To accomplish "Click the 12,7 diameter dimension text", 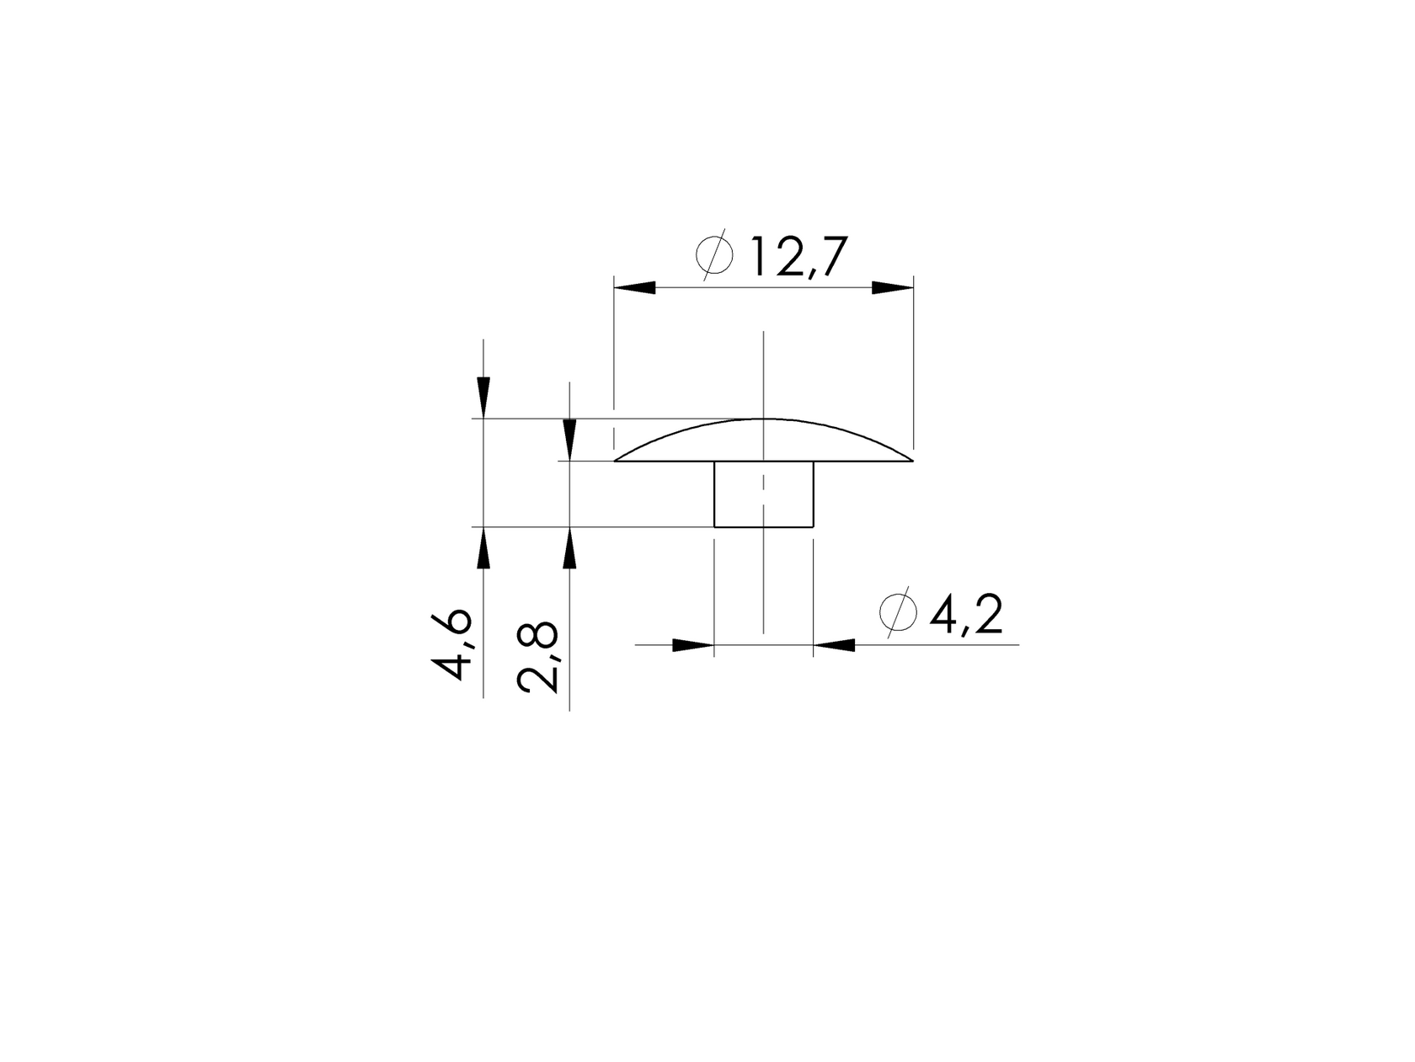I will tap(794, 258).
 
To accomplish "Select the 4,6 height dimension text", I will tap(452, 644).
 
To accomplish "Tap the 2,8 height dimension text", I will tap(538, 657).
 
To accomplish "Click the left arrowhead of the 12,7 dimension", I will tap(635, 288).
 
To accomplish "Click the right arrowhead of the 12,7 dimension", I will tap(892, 288).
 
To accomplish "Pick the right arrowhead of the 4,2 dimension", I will tap(834, 645).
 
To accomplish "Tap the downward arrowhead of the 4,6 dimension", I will tap(483, 398).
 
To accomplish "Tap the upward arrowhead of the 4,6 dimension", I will tap(483, 548).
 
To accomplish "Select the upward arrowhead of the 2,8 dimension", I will tap(570, 548).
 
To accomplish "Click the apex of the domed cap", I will tap(763, 419).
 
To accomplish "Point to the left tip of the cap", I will tap(617, 460).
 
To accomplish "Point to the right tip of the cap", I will tap(912, 460).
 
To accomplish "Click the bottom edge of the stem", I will tap(763, 527).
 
